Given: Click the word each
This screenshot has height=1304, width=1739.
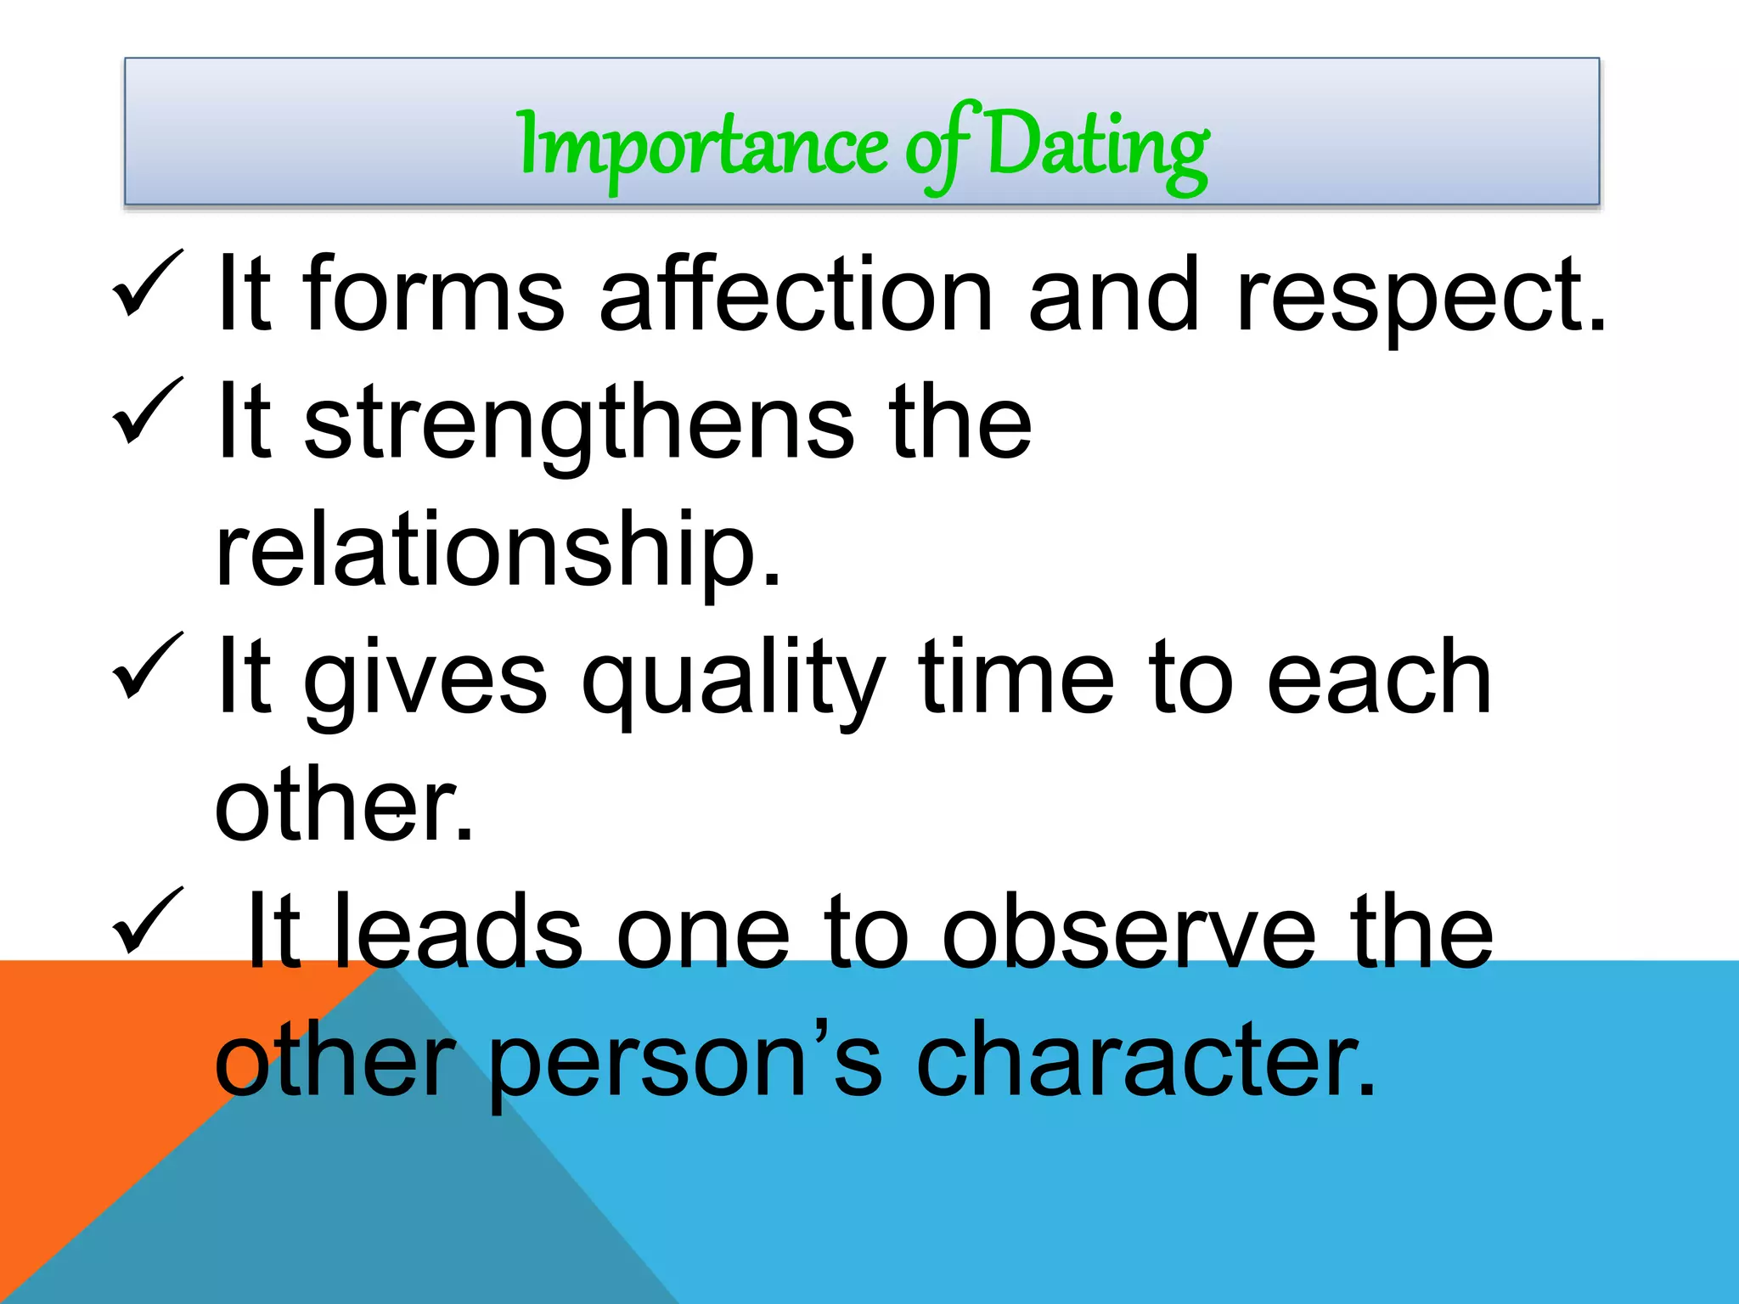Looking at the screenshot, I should point(1378,677).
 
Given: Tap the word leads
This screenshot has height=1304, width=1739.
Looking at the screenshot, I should point(459,931).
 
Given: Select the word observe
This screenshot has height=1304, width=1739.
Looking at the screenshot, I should point(1130,931).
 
